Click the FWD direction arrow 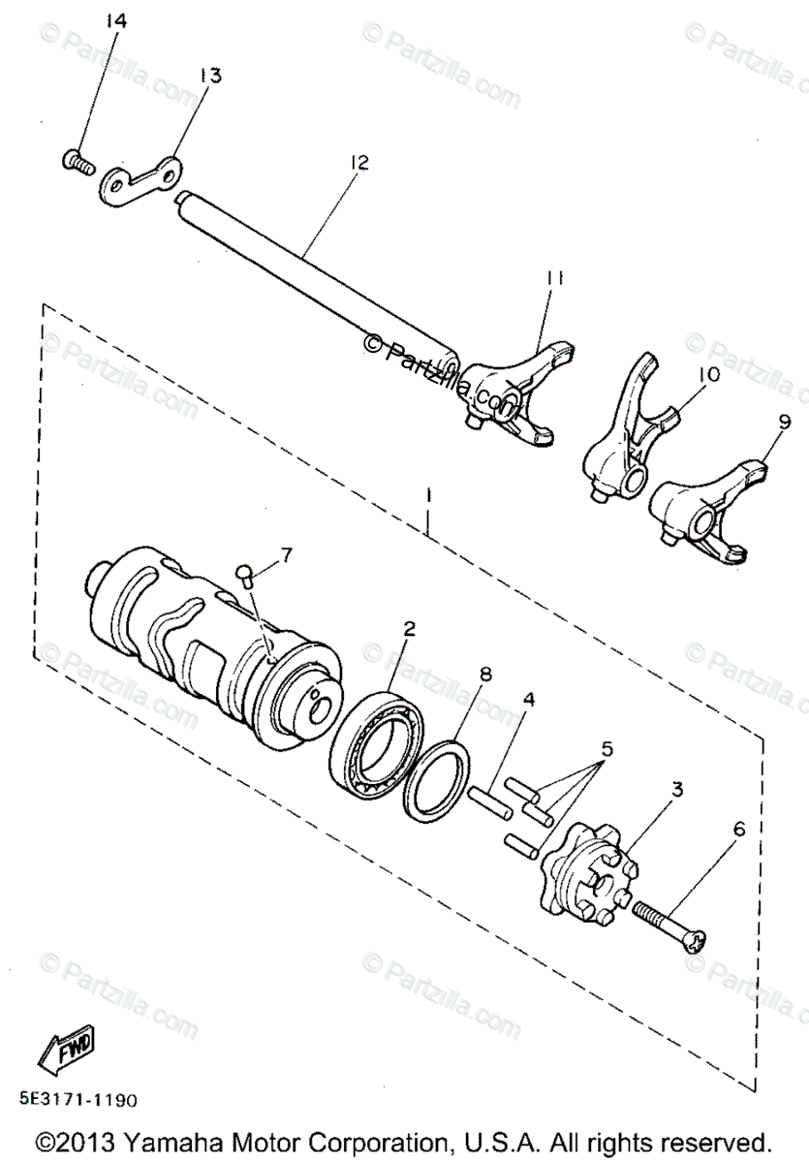[67, 1047]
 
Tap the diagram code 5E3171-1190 [77, 1100]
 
